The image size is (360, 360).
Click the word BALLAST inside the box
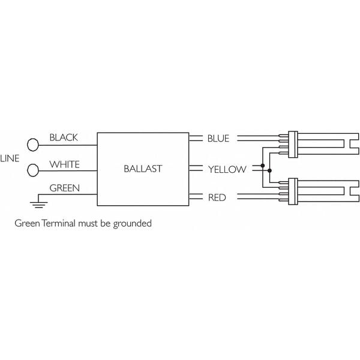[x=142, y=169]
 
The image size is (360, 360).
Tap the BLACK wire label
[x=64, y=137]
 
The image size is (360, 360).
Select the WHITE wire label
[x=64, y=164]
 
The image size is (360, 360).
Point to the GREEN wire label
[x=64, y=188]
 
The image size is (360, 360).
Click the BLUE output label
[x=218, y=139]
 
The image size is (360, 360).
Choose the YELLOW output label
[x=227, y=169]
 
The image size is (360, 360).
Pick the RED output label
[x=217, y=197]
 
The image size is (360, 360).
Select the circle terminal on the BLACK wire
[x=32, y=144]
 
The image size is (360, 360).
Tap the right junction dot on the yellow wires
[x=269, y=171]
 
